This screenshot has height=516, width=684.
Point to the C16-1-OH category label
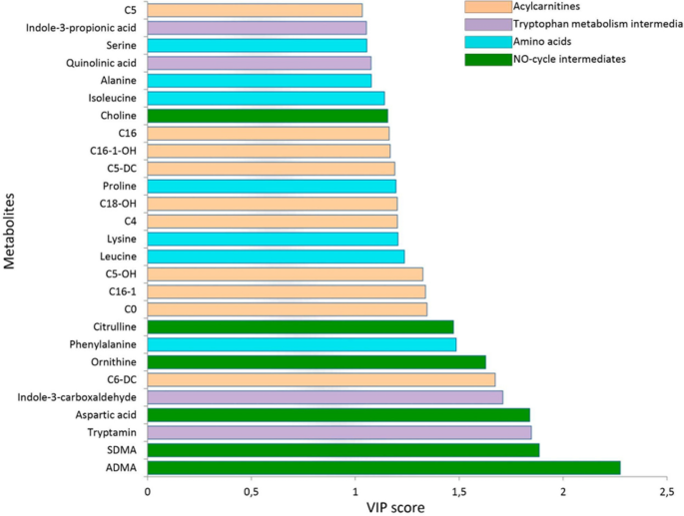pyautogui.click(x=113, y=151)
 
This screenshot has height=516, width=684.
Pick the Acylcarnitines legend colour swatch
pyautogui.click(x=479, y=8)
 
